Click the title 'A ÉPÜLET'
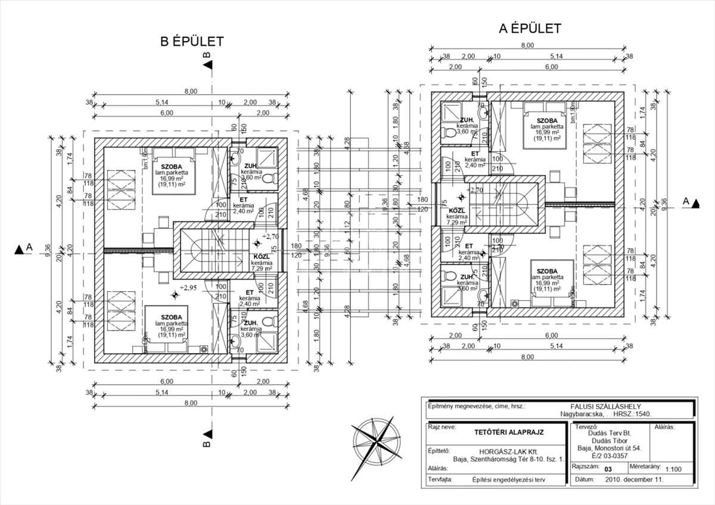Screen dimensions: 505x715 pos(530,28)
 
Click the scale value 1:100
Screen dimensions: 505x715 pos(674,468)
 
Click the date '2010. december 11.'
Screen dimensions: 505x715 pos(634,479)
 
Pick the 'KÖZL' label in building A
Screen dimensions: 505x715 pos(456,211)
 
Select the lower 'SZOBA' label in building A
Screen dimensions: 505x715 pos(547,271)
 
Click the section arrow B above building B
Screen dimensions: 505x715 pos(207,62)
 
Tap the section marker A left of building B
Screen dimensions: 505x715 pos(23,249)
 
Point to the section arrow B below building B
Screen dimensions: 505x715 pos(207,437)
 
